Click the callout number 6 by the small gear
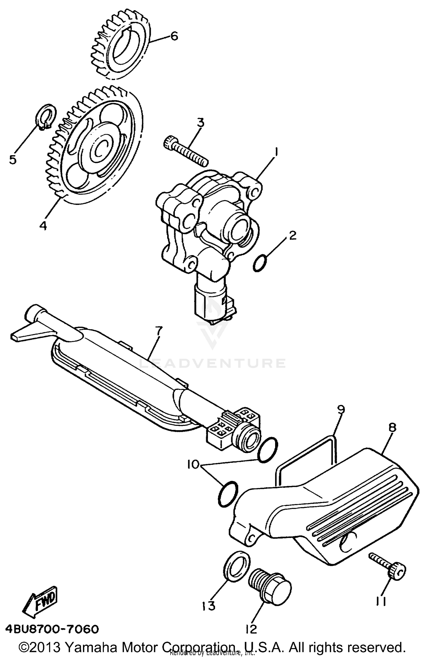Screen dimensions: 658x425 [x=174, y=36]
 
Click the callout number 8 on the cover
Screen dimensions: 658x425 [x=392, y=428]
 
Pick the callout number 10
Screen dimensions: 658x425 [x=193, y=465]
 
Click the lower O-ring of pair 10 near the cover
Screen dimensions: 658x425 [x=228, y=494]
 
